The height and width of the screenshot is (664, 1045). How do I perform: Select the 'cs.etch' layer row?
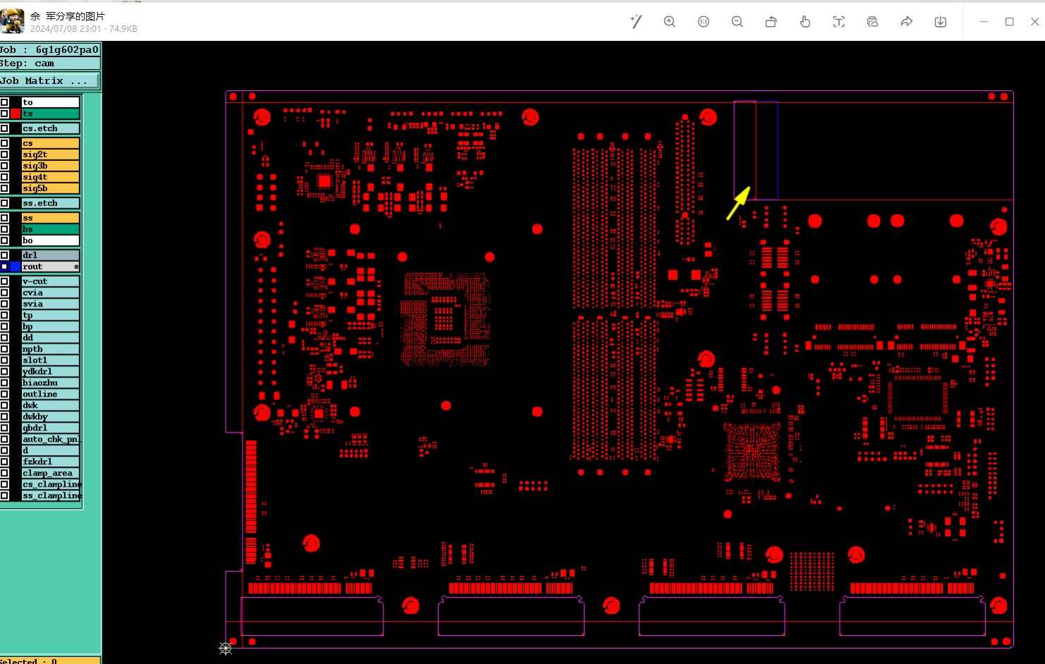[x=49, y=128]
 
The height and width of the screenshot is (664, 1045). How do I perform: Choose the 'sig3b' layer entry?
[x=49, y=166]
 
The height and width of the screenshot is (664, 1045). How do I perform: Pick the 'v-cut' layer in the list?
[x=49, y=282]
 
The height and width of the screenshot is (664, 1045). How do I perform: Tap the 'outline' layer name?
[x=49, y=394]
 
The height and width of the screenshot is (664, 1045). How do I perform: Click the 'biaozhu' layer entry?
[x=49, y=383]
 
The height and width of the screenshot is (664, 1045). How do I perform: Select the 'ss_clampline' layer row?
[x=51, y=496]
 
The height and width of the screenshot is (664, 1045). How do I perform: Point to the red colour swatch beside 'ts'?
[x=16, y=114]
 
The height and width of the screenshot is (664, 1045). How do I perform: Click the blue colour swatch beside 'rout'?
[x=16, y=267]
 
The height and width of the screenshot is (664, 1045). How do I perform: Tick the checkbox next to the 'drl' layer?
[x=4, y=255]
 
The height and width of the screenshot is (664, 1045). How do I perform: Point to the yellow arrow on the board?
[x=738, y=203]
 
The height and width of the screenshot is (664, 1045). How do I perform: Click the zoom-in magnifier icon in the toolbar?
[x=670, y=22]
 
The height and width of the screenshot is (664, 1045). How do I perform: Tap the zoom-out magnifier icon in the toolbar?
[x=738, y=22]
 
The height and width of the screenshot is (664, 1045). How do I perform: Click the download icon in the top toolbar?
[x=941, y=22]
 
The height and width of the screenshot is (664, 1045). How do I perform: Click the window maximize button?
[x=1010, y=22]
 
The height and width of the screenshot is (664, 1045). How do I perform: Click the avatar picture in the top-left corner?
[x=13, y=21]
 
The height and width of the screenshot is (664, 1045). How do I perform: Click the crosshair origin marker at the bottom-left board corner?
[x=226, y=648]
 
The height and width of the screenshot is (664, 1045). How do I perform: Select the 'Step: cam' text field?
[x=49, y=64]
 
